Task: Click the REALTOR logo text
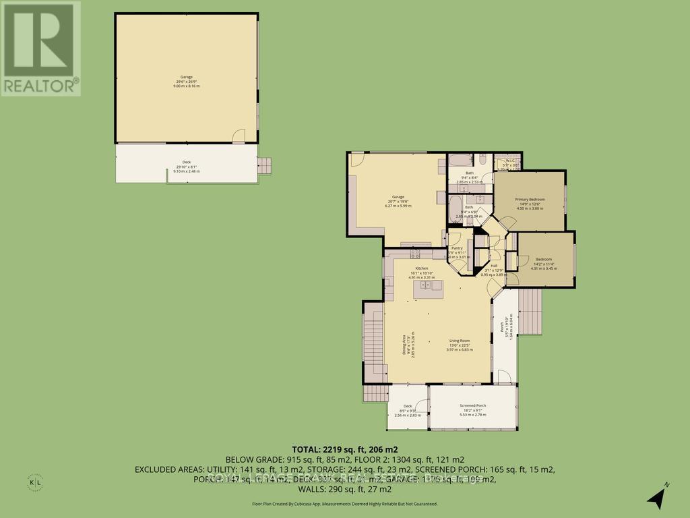[x=40, y=86]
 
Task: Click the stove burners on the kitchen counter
[x=416, y=254]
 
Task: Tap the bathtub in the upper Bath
[x=461, y=161]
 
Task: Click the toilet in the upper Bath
[x=483, y=160]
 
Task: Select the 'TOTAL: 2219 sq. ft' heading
[x=344, y=448]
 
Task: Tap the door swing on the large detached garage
[x=239, y=136]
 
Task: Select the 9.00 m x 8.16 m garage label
[x=186, y=84]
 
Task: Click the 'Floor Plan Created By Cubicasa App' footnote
[x=344, y=504]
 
